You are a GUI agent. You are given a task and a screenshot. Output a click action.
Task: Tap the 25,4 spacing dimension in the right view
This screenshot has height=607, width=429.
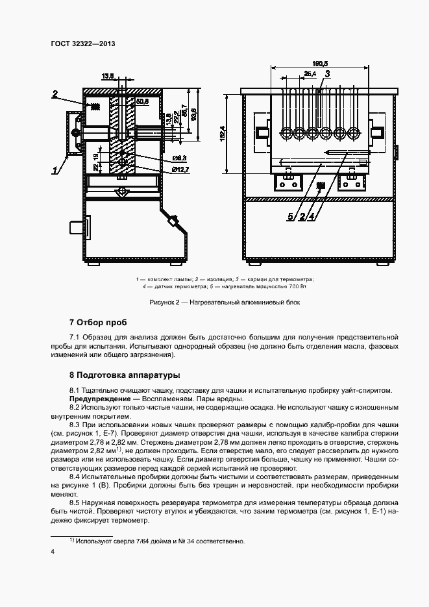coord(310,75)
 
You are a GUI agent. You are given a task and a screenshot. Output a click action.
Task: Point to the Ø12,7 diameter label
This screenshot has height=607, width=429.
coord(180,169)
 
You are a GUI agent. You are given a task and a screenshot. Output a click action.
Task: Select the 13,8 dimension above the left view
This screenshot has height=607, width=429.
coord(108,76)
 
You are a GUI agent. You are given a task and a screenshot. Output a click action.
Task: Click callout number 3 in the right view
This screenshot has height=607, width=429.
coord(328,75)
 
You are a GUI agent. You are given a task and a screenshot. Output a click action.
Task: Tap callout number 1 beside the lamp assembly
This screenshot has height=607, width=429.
coord(56,171)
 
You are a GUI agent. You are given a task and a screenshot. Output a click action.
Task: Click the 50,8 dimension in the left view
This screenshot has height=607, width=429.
coord(142,102)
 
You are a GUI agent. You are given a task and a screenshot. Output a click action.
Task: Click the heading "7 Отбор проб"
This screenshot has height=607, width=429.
coord(98,322)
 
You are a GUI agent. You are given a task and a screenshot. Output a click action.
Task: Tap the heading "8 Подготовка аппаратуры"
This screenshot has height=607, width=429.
coord(124,375)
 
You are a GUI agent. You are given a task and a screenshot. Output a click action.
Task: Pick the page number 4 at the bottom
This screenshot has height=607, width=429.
coord(53,551)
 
